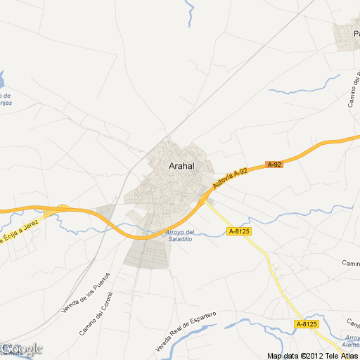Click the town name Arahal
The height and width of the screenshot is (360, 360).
click(x=181, y=167)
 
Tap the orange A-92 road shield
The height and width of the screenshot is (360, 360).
click(x=274, y=165)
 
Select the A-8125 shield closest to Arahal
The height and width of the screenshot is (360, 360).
click(x=239, y=231)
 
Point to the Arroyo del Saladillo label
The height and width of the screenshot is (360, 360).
click(x=179, y=236)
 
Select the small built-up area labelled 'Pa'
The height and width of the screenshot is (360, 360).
click(x=349, y=37)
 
